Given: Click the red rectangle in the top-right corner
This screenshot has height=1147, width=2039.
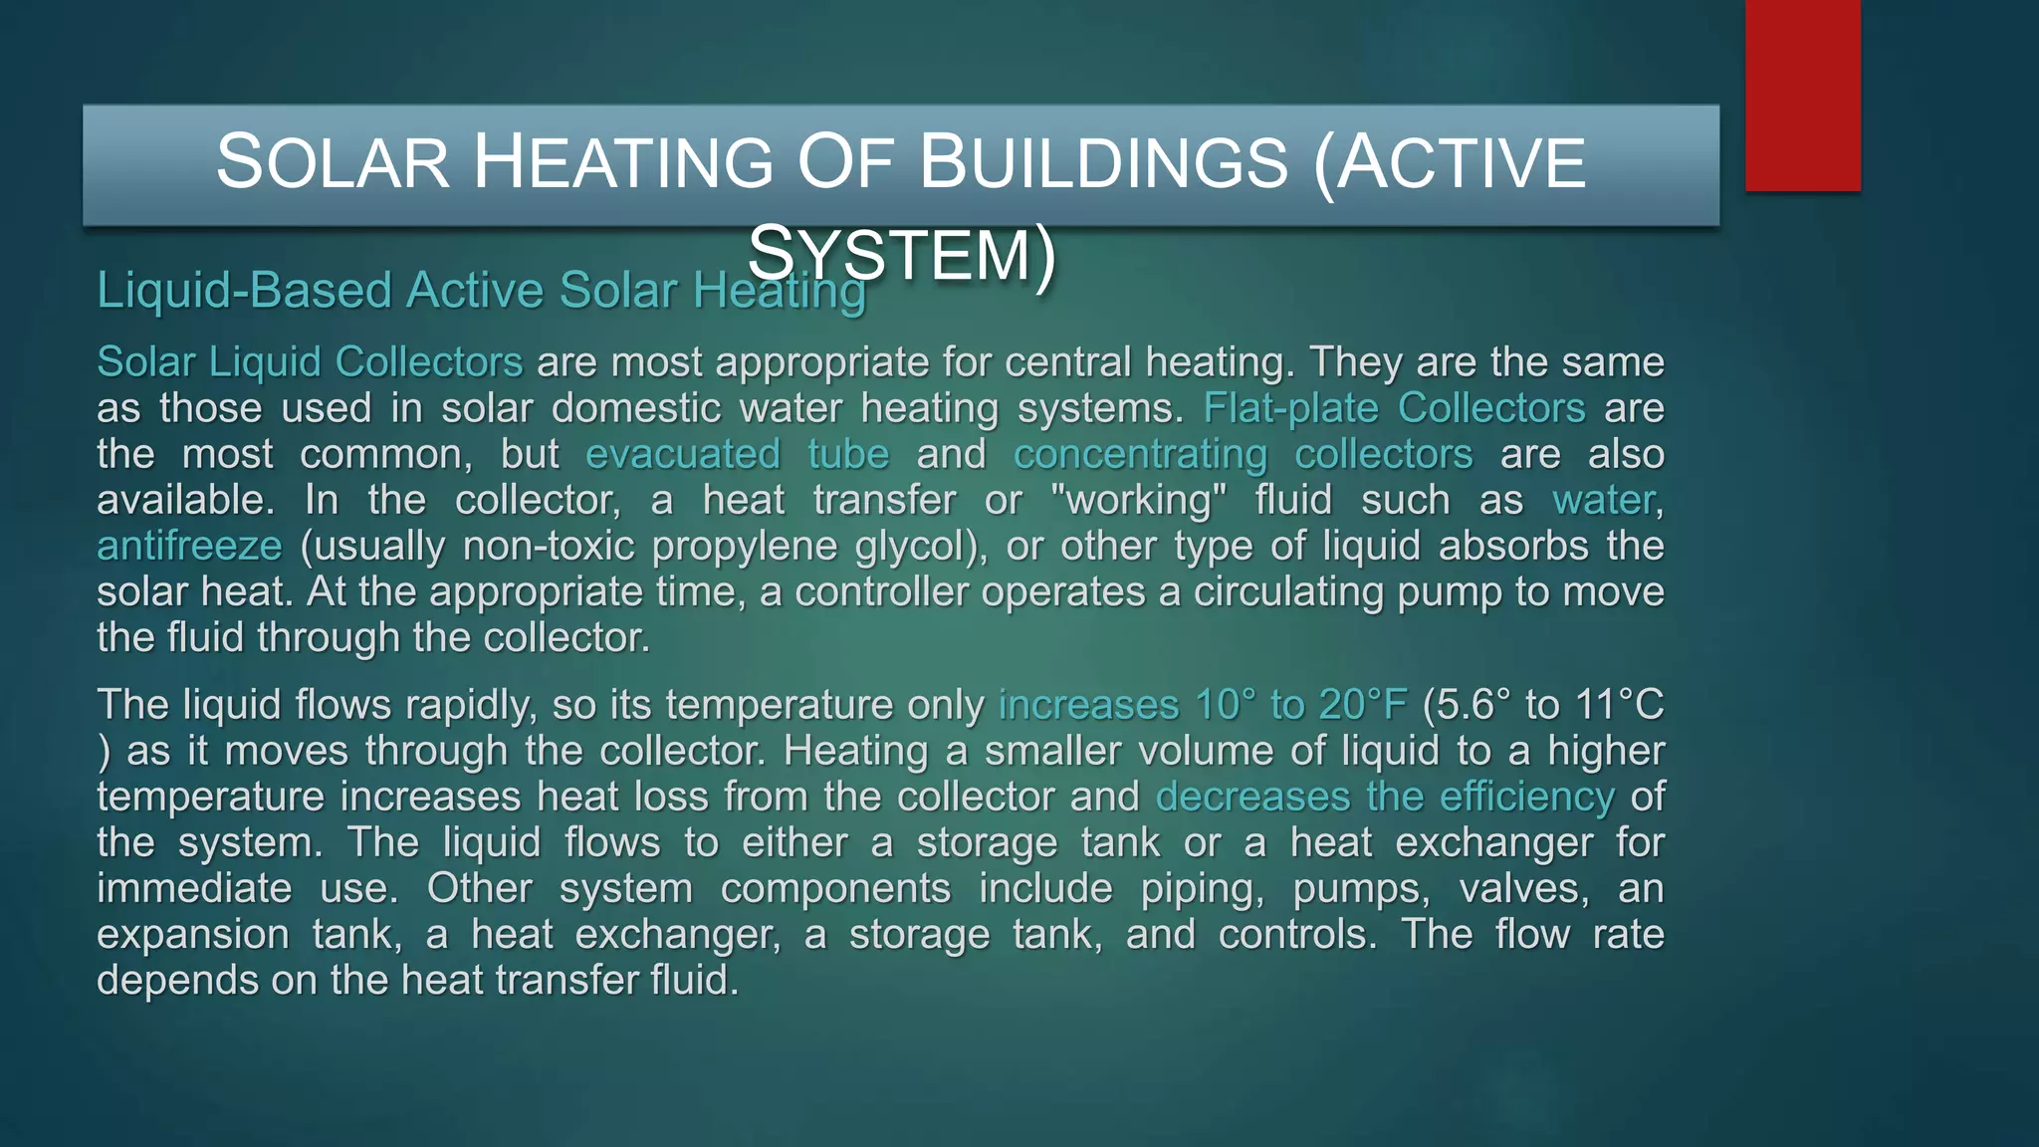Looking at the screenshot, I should click(x=1802, y=96).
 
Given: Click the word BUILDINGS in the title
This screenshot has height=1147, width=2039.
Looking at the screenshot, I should click(x=1103, y=162).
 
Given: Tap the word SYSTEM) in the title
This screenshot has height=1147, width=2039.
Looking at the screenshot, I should click(x=902, y=255).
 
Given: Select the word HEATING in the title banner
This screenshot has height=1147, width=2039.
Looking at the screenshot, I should click(x=623, y=162).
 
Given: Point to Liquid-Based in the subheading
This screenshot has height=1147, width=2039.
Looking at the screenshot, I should click(x=244, y=291).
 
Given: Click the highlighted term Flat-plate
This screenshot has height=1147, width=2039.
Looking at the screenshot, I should click(x=1290, y=408).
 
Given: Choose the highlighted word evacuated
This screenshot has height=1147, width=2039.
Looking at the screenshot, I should click(x=682, y=454).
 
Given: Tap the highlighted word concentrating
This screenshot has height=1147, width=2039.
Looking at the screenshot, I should click(x=1140, y=454).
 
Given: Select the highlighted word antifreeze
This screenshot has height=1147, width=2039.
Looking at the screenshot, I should click(x=189, y=546).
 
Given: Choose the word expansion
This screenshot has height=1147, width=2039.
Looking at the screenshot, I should click(x=191, y=934).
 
